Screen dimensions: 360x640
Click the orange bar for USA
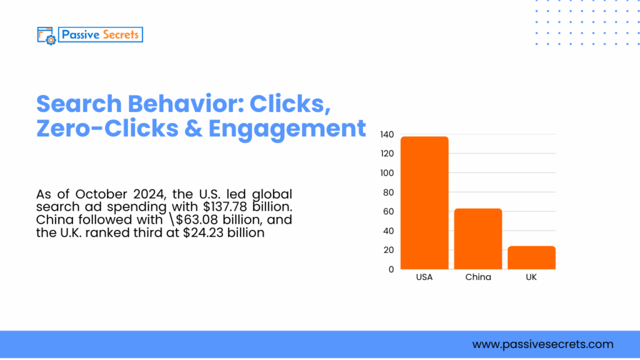pos(424,202)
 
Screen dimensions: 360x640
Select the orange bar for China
pos(478,239)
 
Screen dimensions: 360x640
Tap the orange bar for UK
pos(531,257)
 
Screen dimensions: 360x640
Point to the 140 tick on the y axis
pos(387,134)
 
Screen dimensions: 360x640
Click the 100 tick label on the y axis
pos(387,173)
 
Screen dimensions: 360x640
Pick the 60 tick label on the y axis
pos(388,212)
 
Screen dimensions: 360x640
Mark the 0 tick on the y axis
pos(391,269)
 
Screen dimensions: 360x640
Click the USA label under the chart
pos(424,277)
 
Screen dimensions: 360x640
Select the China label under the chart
pos(478,277)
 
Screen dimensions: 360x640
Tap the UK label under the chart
pos(531,277)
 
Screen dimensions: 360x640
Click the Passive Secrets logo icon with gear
pos(47,35)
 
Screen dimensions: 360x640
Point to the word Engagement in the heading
pos(287,128)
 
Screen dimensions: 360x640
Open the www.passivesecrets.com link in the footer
pos(542,344)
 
